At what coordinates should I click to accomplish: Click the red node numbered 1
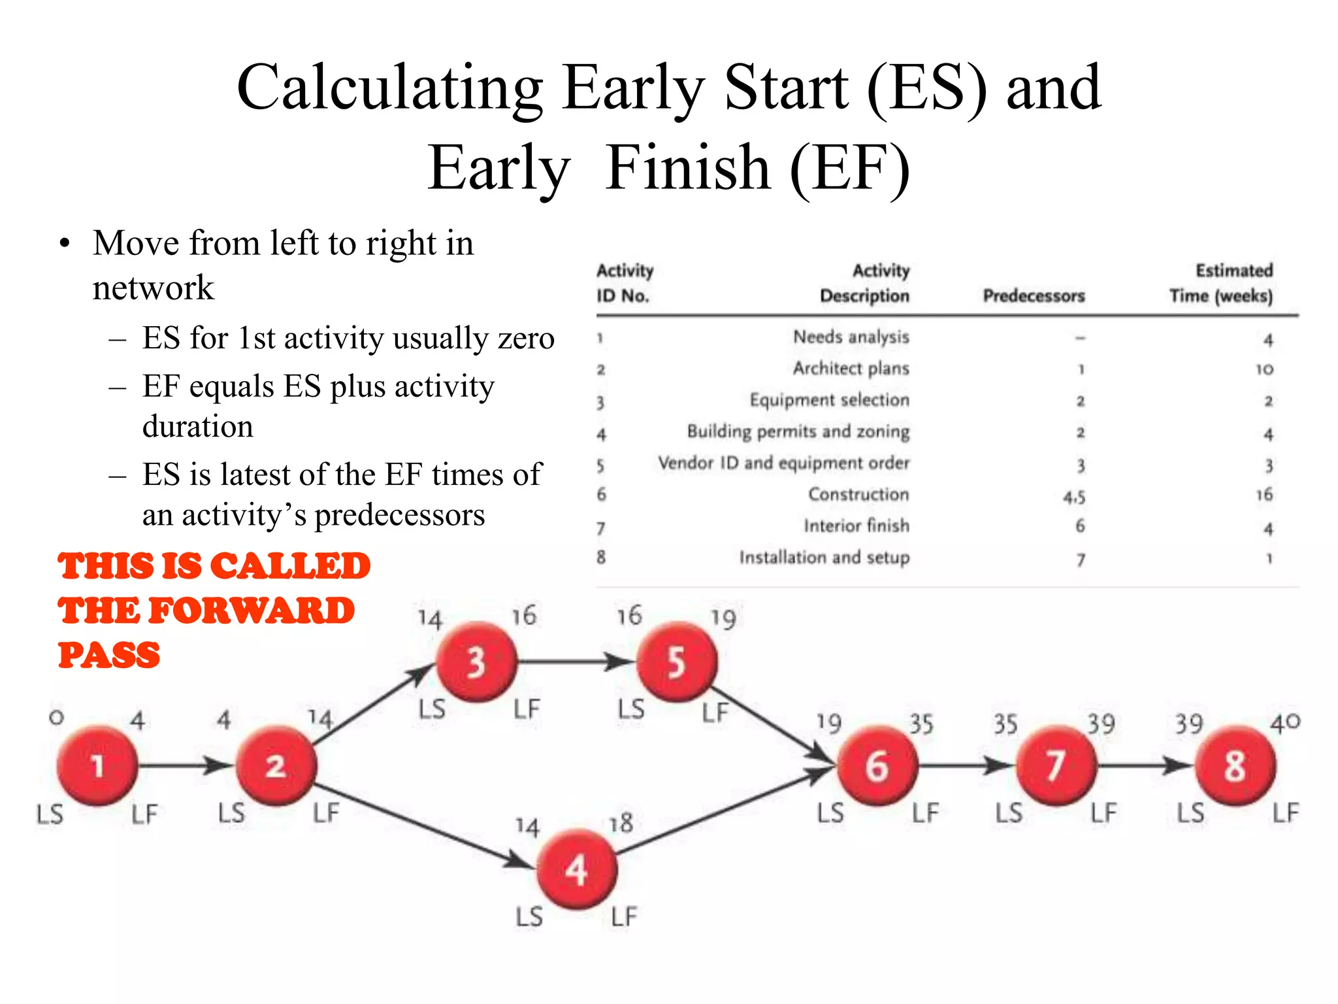click(x=97, y=765)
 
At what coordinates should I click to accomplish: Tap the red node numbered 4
click(x=576, y=870)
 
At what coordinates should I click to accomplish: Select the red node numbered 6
click(x=877, y=765)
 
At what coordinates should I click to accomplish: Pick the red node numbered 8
click(x=1235, y=765)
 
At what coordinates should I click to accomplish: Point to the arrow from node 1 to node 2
click(x=186, y=765)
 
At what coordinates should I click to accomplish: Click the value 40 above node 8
click(x=1284, y=723)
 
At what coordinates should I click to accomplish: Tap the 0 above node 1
click(x=57, y=718)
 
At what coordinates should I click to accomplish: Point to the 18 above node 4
click(x=621, y=823)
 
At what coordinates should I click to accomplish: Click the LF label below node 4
click(x=624, y=916)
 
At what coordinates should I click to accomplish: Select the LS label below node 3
click(x=432, y=709)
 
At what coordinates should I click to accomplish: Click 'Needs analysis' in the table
click(x=851, y=337)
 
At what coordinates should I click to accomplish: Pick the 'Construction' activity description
click(x=858, y=495)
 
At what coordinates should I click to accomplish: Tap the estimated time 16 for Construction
click(x=1264, y=495)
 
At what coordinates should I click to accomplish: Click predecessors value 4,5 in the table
click(x=1074, y=497)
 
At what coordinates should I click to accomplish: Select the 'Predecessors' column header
click(x=1034, y=296)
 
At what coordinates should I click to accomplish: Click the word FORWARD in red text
click(x=252, y=611)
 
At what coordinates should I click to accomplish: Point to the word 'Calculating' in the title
click(x=389, y=88)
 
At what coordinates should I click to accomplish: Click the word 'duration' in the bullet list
click(x=198, y=427)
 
